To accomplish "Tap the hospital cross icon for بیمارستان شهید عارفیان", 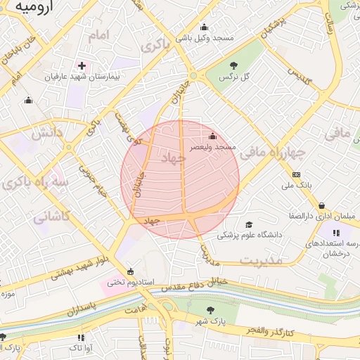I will pyautogui.click(x=82, y=65).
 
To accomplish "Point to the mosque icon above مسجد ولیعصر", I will pyautogui.click(x=214, y=136).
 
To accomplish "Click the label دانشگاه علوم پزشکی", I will pyautogui.click(x=249, y=234).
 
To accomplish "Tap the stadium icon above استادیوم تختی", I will pyautogui.click(x=129, y=271).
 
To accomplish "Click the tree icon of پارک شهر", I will pyautogui.click(x=210, y=310).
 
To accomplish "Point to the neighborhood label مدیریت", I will pyautogui.click(x=260, y=261).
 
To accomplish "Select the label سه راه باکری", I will pyautogui.click(x=35, y=184).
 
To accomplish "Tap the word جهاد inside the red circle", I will pyautogui.click(x=172, y=159).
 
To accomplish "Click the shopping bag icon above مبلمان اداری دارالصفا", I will pyautogui.click(x=321, y=205).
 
